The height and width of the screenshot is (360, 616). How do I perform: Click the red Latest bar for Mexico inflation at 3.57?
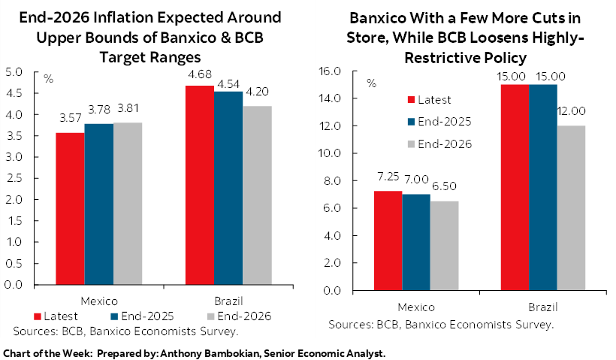point(70,209)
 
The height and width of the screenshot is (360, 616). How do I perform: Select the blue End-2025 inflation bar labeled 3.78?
point(98,204)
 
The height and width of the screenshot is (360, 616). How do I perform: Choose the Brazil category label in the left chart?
point(227,299)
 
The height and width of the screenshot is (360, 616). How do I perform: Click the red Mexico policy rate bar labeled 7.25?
point(388,241)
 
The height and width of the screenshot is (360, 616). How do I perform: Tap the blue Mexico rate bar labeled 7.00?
point(415,242)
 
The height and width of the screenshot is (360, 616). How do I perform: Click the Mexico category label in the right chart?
point(415,307)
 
